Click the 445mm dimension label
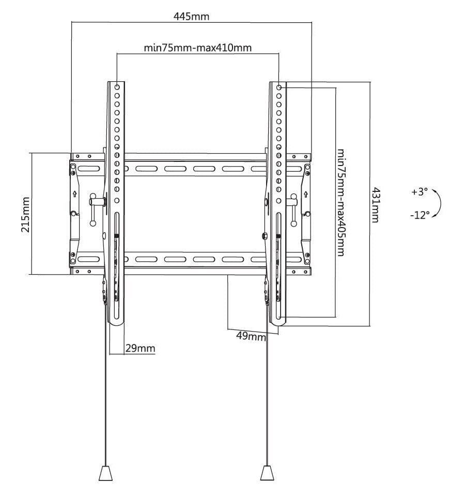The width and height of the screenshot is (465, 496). (192, 16)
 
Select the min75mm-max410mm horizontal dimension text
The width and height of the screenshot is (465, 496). (198, 48)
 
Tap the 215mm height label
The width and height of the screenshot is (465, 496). (26, 215)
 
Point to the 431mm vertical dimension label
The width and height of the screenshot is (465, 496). (375, 205)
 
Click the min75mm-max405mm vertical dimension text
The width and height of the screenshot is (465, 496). (340, 202)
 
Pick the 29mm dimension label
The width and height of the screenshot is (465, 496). (140, 348)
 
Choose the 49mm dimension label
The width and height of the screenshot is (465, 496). (251, 336)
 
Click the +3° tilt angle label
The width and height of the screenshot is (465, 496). (420, 192)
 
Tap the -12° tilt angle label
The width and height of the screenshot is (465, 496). (420, 215)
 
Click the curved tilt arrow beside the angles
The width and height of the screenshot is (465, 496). (440, 202)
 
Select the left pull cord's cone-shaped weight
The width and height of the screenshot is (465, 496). (105, 473)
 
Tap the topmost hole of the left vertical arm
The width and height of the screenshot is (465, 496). (117, 87)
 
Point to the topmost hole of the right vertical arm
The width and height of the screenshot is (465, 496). (279, 87)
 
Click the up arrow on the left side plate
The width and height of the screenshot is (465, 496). (74, 194)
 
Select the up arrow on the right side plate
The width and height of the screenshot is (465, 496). (305, 194)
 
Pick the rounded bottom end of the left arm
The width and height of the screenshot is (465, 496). (117, 322)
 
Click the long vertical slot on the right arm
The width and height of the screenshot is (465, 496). (278, 266)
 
